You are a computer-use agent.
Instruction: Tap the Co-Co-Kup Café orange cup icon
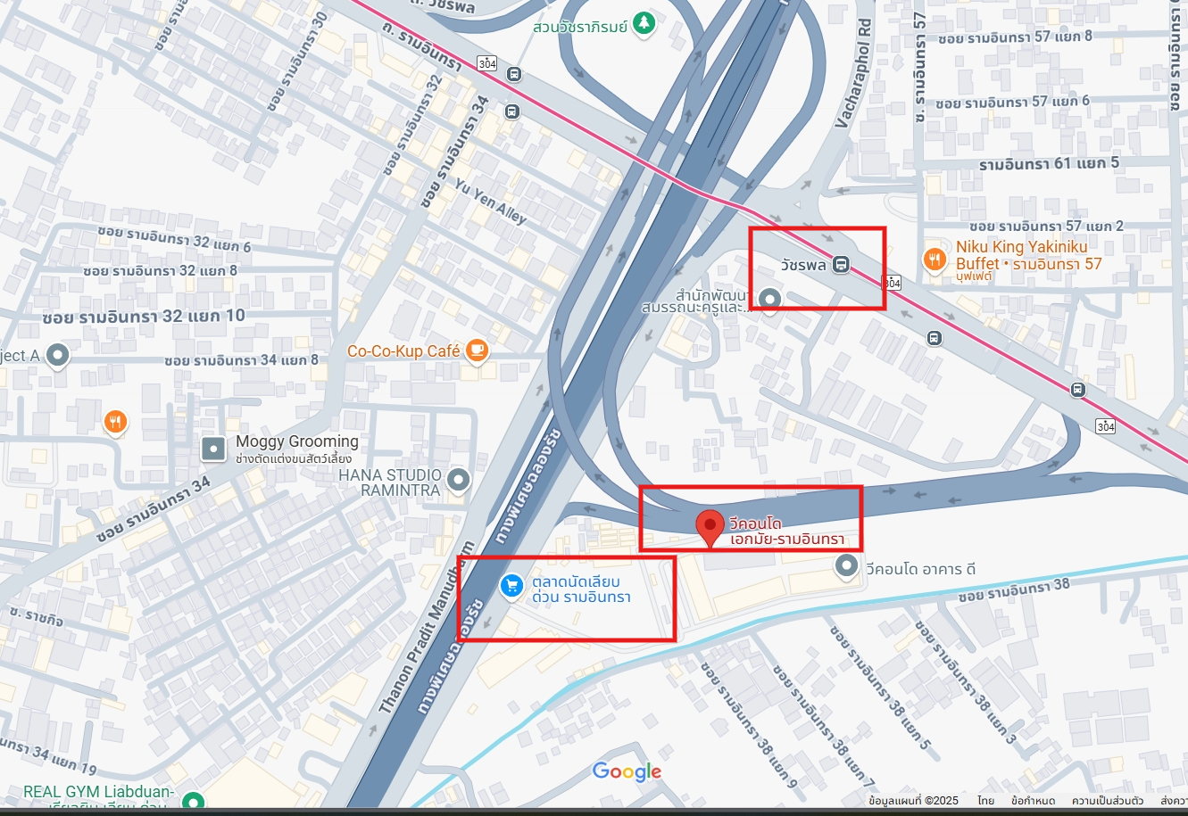point(478,350)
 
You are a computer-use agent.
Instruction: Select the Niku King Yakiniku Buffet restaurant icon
point(934,259)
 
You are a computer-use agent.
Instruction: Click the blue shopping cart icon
point(511,586)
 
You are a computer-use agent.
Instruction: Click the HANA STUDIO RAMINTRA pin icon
point(459,481)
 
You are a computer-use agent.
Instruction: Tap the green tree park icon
point(643,24)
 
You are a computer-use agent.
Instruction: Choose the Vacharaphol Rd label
point(852,75)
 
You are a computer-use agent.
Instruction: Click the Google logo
point(627,771)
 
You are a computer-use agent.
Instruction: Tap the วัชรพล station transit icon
point(841,264)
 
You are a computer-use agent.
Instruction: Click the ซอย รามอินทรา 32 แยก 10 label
point(144,317)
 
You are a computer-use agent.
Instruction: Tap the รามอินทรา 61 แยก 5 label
point(1049,164)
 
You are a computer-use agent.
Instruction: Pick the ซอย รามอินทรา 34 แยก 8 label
point(242,360)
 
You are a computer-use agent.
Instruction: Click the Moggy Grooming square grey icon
point(213,448)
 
